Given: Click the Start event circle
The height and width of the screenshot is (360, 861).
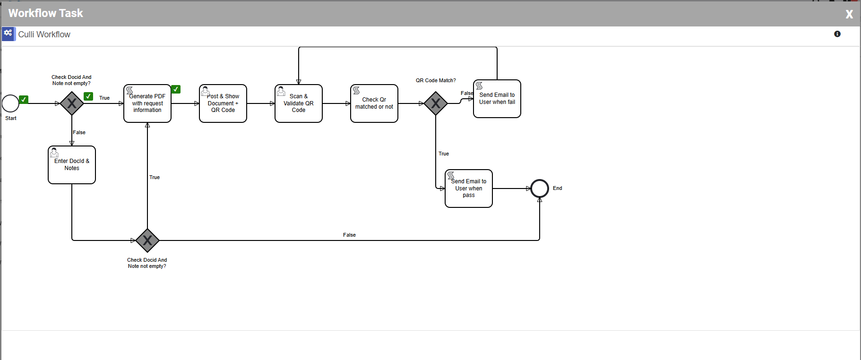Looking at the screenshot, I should click(x=10, y=103).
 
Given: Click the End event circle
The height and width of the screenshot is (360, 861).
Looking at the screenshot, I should click(x=540, y=189).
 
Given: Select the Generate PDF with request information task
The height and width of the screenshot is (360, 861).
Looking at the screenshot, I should click(x=147, y=103).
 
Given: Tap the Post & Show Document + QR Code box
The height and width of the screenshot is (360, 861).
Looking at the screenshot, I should click(x=223, y=103).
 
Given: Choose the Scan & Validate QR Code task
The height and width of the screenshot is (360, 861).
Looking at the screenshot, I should click(x=299, y=103).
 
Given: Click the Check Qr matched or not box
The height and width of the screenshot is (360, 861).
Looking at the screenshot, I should click(x=374, y=103).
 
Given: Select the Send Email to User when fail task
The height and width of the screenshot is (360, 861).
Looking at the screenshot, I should click(x=497, y=99).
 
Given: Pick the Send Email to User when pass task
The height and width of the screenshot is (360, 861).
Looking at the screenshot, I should click(x=469, y=189).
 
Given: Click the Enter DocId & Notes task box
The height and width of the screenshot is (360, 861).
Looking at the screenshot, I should click(x=72, y=165).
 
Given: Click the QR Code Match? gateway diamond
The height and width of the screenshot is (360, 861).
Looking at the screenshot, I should click(x=436, y=103).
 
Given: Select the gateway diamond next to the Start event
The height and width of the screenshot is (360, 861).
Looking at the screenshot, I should click(x=72, y=103).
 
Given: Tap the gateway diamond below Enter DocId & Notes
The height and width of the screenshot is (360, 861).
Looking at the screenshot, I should click(x=147, y=240).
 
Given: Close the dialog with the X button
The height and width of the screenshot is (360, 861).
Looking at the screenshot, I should click(x=849, y=14).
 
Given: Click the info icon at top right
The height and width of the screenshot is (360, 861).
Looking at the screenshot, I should click(x=837, y=34).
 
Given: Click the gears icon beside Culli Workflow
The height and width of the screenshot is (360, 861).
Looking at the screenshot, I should click(x=9, y=34).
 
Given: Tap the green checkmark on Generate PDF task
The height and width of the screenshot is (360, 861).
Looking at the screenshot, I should click(x=176, y=89).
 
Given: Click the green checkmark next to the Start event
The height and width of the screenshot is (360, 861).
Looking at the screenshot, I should click(x=24, y=99).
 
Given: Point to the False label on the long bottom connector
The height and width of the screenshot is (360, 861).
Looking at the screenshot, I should click(x=349, y=235).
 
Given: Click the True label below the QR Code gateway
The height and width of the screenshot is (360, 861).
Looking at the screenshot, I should click(x=444, y=154).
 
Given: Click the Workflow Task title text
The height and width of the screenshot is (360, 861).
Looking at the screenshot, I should click(x=46, y=13).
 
